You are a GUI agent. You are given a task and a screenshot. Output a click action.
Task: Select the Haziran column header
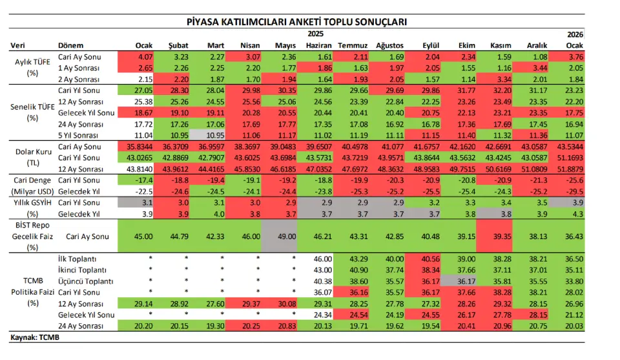pos(319,45)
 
